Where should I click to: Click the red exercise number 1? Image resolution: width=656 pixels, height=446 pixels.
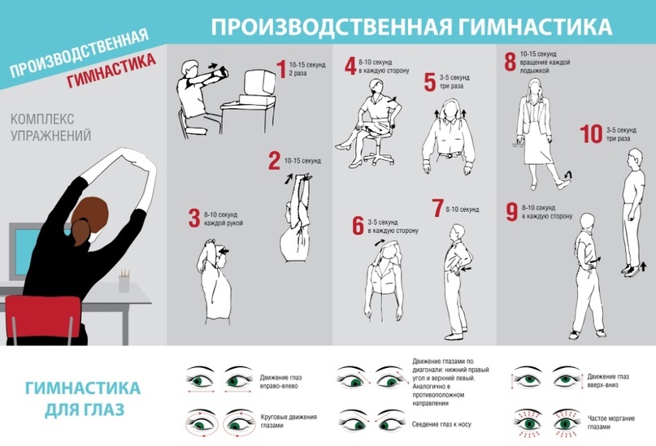[x=281, y=69]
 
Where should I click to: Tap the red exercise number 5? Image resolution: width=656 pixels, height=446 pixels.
[x=430, y=82]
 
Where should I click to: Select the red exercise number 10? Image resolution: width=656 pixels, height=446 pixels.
[x=591, y=134]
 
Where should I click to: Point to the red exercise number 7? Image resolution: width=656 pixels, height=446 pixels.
[x=437, y=208]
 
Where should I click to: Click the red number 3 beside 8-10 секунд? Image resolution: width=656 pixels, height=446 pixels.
[x=194, y=218]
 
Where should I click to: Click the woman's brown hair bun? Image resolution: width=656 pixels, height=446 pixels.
[x=80, y=232]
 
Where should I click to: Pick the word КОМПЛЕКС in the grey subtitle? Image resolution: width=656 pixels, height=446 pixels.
[x=42, y=119]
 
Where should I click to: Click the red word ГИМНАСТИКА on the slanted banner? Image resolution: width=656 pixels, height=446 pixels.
[x=111, y=70]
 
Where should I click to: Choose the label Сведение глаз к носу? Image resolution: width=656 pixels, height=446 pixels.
[x=441, y=424]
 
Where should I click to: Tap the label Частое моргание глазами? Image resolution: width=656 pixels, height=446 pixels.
[x=611, y=422]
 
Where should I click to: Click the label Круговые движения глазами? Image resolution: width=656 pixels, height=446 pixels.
[x=289, y=421]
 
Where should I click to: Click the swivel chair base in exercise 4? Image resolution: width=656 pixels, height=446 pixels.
[x=379, y=158]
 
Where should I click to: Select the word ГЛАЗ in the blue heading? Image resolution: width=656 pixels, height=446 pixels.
[x=106, y=409]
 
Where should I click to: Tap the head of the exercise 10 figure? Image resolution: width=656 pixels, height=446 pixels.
[x=635, y=158]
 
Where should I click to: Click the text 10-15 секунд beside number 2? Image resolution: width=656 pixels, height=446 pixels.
[x=302, y=161]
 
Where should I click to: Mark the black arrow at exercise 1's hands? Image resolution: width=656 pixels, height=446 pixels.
[x=213, y=66]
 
